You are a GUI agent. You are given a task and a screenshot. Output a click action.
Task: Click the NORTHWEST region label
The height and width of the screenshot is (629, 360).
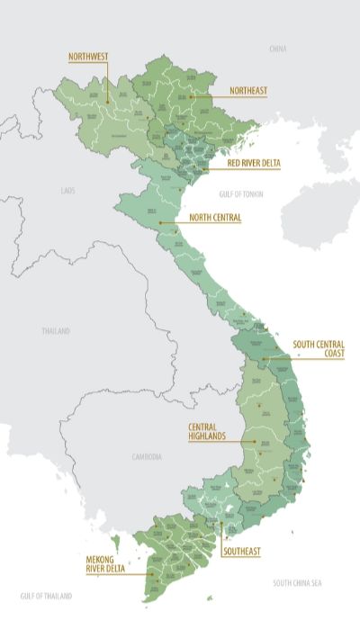tap(88, 57)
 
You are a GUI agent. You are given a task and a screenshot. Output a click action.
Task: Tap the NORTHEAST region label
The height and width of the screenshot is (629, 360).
tap(248, 91)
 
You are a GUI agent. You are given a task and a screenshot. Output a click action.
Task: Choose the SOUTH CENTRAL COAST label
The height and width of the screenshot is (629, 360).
tap(319, 348)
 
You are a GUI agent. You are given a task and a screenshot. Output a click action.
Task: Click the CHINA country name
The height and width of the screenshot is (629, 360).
tap(277, 47)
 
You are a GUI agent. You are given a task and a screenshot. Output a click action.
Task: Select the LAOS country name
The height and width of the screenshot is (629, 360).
tap(68, 191)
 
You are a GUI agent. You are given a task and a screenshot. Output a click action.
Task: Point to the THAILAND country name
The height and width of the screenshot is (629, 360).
tap(55, 331)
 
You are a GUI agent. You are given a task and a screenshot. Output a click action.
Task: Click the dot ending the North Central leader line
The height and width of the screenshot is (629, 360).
tap(160, 221)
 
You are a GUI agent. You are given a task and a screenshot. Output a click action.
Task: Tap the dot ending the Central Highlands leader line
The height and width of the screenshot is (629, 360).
tap(256, 441)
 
